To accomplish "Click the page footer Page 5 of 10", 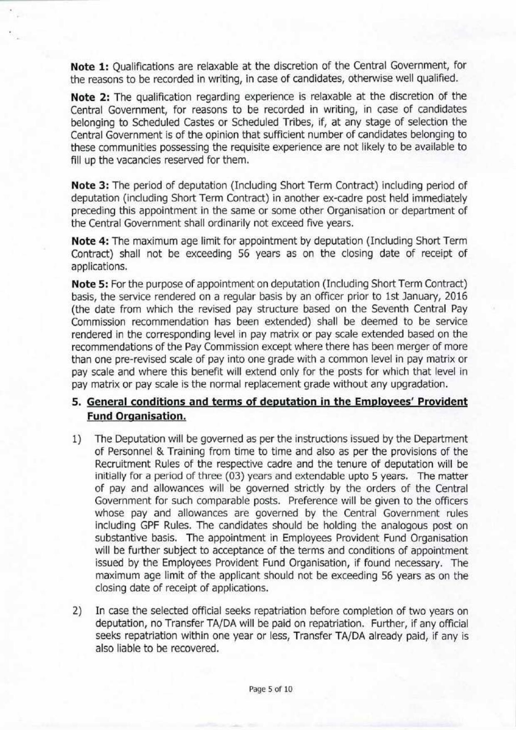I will click(270, 689).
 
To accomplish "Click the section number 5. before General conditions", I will click(75, 402).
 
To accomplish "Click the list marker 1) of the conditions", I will click(76, 439).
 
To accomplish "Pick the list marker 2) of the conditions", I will click(76, 611).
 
